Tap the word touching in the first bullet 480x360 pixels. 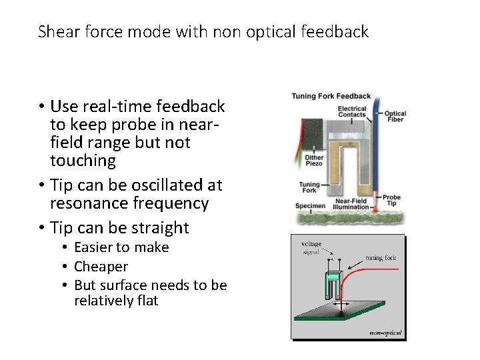pos(83,161)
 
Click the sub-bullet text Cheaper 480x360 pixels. pos(101,267)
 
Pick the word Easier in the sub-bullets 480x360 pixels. pos(93,247)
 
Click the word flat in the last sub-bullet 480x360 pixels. pos(147,301)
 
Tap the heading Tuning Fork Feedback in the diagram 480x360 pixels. pos(331,97)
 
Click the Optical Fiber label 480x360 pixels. pos(395,117)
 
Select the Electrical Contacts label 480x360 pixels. pos(352,111)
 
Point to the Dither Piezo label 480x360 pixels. pos(314,161)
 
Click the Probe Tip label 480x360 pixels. pos(391,200)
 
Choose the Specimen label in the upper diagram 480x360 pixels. pos(311,206)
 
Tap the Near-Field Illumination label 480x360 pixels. pos(351,203)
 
